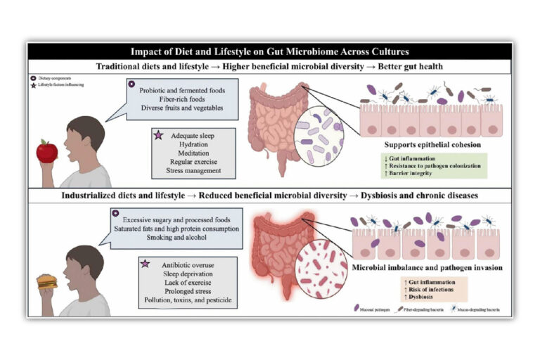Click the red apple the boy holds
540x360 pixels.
47,150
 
